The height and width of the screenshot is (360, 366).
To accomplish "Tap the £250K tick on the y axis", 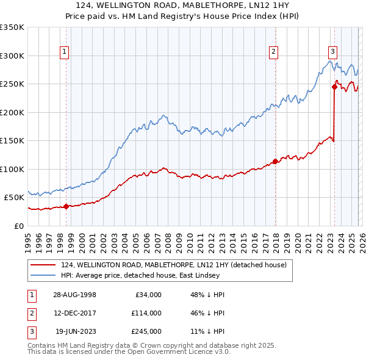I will coord(12,84).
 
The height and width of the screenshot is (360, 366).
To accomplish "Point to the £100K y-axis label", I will coord(12,169).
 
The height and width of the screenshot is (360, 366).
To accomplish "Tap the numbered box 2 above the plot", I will coord(274,52).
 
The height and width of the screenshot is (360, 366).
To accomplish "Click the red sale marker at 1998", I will coord(66,206).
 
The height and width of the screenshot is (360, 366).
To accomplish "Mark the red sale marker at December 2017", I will coord(275,162).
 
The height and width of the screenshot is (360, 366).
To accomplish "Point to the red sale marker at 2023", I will coord(335,87).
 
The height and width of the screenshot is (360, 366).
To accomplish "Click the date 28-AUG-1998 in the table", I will coord(75,294).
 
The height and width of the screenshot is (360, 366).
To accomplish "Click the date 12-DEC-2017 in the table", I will coord(75,313).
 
